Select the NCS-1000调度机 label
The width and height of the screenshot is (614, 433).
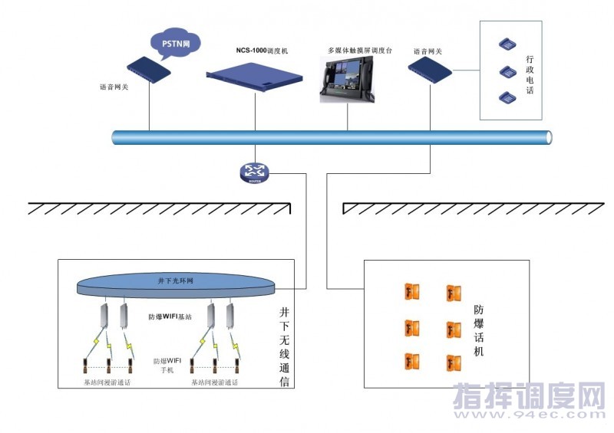[x=262, y=50]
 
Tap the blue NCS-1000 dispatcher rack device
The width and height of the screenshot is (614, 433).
[x=254, y=74]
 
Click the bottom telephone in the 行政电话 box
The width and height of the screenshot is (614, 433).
[x=507, y=97]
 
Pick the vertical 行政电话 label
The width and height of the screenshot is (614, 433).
[x=530, y=74]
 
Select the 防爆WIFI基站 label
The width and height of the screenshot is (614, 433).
[x=170, y=316]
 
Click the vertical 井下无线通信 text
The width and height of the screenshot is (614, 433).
[x=284, y=346]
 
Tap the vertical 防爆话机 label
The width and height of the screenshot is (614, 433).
[x=479, y=331]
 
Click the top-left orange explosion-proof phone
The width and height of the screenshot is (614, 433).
[x=411, y=292]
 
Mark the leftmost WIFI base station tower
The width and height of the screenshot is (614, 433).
[x=105, y=317]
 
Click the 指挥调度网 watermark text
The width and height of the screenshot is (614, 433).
[x=530, y=398]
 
